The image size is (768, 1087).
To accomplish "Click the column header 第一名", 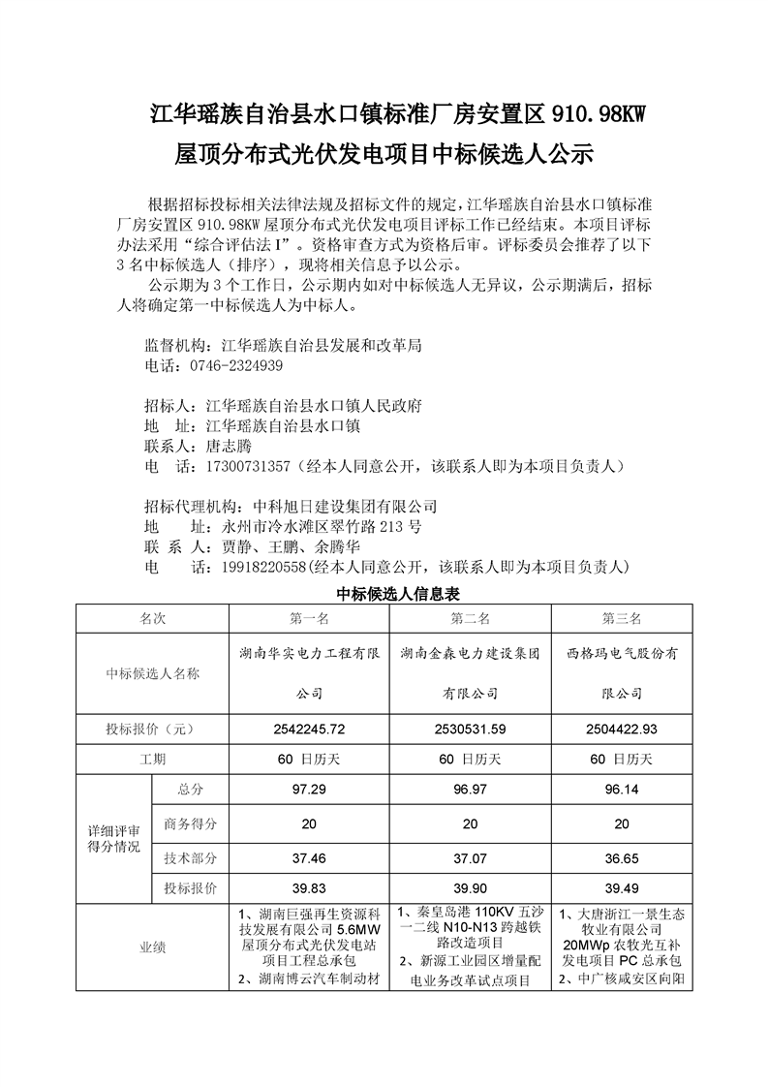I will point(309,619).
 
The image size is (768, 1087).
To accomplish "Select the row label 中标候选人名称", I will point(153,673).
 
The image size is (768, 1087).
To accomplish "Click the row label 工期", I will point(153,759).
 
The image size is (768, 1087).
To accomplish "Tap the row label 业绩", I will point(153,947).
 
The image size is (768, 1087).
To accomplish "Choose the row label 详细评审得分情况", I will point(114,840).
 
